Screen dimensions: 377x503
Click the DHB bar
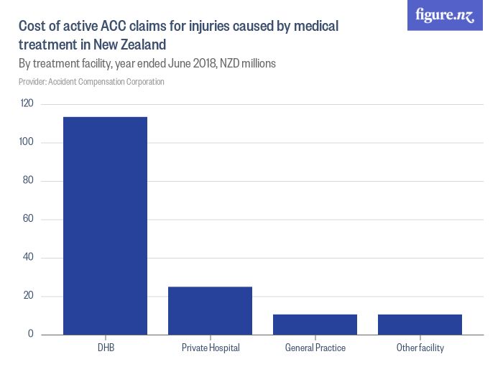click(x=105, y=225)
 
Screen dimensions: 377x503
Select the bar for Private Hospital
click(x=210, y=310)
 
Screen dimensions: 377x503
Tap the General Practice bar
click(x=315, y=324)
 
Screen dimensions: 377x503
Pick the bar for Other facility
click(x=420, y=324)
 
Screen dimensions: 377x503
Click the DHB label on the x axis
click(x=106, y=348)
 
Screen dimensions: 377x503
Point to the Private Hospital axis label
click(x=211, y=348)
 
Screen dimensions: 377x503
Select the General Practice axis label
click(x=315, y=348)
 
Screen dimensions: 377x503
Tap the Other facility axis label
click(x=420, y=348)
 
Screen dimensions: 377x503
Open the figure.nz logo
click(x=445, y=15)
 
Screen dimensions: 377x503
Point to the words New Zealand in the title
click(x=124, y=45)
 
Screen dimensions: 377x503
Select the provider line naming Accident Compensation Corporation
click(x=91, y=82)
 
